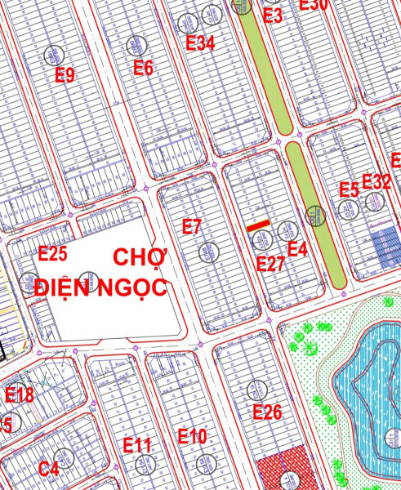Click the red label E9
coord(65,76)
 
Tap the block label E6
coord(143,68)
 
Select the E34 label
coord(200,43)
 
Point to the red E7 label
coord(191,228)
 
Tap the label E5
coord(349,190)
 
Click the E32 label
coord(376,181)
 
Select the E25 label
coord(53,254)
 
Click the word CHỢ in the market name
coord(139,258)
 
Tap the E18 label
coord(20,396)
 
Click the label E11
coord(138,445)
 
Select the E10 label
coord(192,437)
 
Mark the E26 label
coord(267,412)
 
